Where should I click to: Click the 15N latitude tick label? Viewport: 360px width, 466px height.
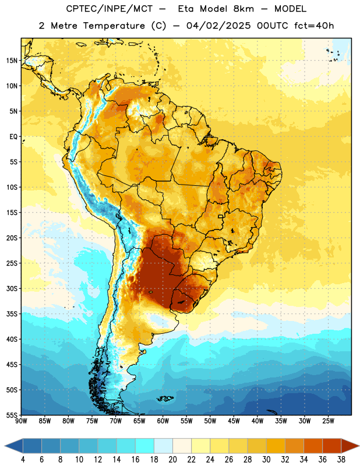[x=11, y=61]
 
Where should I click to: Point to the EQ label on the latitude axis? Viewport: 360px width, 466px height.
[x=13, y=137]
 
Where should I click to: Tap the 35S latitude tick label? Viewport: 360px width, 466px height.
[x=12, y=314]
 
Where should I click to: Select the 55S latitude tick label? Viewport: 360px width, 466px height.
[x=12, y=415]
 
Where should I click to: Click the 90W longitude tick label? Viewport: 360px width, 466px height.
[x=21, y=421]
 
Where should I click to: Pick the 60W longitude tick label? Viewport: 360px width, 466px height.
[x=163, y=421]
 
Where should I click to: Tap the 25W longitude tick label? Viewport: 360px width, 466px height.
[x=328, y=421]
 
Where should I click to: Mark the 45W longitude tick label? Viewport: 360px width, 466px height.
[x=234, y=421]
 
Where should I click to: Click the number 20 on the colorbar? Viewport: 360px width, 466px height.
[x=172, y=460]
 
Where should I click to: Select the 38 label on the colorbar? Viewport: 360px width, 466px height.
[x=341, y=460]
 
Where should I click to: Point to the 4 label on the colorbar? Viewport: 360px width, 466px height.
[x=23, y=460]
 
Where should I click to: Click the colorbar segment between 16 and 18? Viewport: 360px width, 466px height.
[x=145, y=446]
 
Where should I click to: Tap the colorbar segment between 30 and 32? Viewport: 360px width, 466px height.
[x=276, y=446]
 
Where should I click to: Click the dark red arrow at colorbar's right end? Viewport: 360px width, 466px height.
[x=350, y=446]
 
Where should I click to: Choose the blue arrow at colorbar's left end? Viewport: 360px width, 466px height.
[x=13, y=446]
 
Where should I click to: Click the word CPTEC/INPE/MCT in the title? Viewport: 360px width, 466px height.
[x=110, y=9]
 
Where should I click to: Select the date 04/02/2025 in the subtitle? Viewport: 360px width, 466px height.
[x=219, y=26]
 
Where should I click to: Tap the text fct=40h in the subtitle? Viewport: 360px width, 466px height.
[x=314, y=26]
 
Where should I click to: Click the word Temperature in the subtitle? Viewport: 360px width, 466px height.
[x=114, y=26]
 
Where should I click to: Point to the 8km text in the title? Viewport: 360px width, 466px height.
[x=243, y=9]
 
